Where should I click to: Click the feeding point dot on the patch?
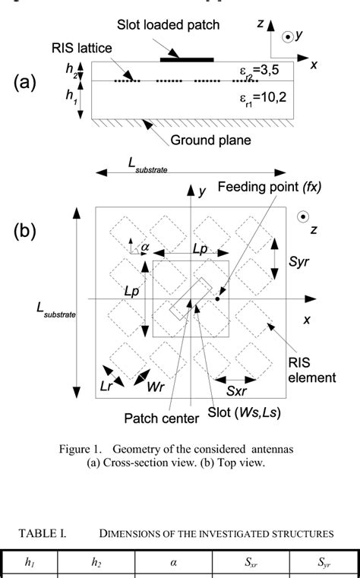(x=217, y=299)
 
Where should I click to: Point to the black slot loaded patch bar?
(x=187, y=58)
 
